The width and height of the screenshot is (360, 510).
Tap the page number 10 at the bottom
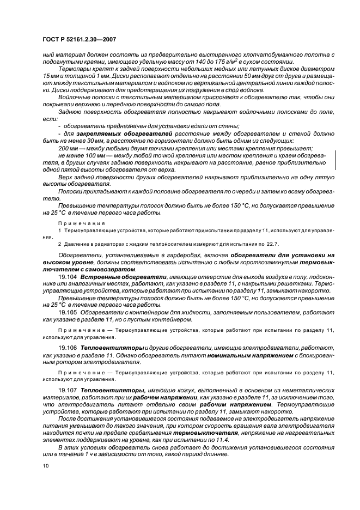(x=46, y=466)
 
